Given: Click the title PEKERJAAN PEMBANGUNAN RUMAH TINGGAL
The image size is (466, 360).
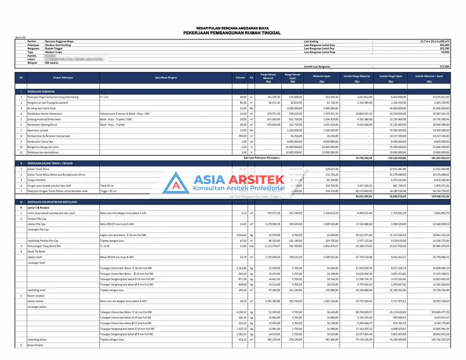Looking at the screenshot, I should (x=232, y=33).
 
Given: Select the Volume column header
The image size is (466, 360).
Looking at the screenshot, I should (x=240, y=78).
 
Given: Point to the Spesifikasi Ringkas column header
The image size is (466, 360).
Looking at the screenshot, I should (x=166, y=78).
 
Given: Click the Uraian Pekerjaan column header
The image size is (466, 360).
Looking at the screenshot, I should (x=63, y=78).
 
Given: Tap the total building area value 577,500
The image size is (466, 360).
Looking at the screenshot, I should (x=444, y=66).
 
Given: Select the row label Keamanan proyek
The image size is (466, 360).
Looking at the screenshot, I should (x=38, y=130).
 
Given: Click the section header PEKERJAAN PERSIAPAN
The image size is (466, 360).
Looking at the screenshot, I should (x=42, y=91).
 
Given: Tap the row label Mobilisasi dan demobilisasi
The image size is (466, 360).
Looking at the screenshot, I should (x=44, y=153).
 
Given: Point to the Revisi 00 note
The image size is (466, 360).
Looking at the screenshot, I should (x=21, y=38).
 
